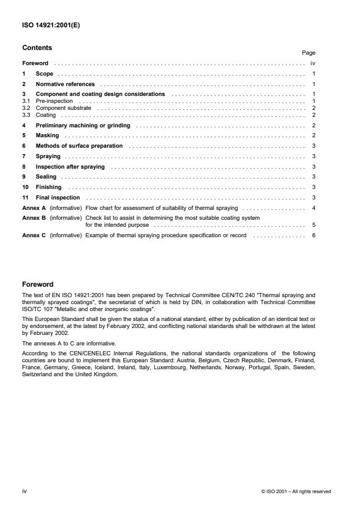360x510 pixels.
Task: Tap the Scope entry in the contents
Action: [44, 74]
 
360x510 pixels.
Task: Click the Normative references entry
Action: [65, 84]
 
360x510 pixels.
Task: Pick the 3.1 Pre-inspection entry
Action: [52, 101]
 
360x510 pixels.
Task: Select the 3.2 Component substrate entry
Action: [64, 108]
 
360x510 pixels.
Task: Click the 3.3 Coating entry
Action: [47, 115]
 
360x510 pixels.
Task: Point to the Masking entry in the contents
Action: [47, 135]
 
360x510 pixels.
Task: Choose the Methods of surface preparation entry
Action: [79, 146]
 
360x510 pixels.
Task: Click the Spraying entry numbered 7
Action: [49, 156]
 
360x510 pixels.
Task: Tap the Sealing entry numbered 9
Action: [46, 177]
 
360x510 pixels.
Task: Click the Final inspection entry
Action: [57, 197]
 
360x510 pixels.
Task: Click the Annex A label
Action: [34, 208]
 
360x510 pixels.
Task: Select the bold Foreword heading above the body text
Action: [37, 285]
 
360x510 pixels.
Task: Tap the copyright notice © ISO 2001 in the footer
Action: [296, 491]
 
